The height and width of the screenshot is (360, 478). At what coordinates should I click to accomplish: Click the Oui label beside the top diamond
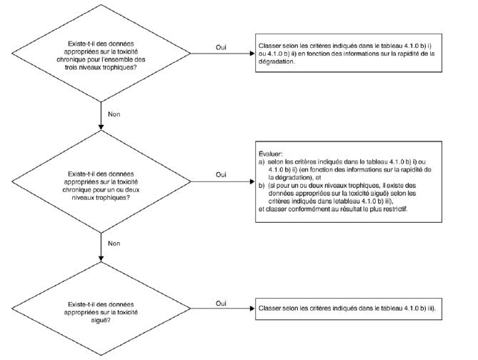click(221, 48)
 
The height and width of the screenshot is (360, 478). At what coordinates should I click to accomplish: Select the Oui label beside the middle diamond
click(221, 175)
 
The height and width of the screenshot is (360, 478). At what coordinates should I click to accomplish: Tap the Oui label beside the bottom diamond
click(221, 304)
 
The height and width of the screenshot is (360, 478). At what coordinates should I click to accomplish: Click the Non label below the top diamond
click(114, 114)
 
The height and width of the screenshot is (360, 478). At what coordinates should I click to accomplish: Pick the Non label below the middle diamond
click(114, 244)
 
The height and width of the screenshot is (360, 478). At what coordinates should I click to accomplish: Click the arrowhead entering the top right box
click(252, 54)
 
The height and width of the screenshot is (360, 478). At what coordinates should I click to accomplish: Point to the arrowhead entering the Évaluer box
click(252, 181)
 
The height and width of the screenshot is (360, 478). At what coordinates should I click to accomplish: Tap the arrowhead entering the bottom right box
click(252, 309)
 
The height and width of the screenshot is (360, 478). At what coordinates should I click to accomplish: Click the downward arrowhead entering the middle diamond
click(101, 127)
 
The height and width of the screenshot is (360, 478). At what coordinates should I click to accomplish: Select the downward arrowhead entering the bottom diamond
click(101, 259)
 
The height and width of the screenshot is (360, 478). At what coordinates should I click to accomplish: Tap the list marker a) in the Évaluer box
click(262, 162)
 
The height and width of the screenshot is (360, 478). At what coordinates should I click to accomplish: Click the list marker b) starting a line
click(262, 186)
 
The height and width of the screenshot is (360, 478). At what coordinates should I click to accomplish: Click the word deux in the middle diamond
click(132, 189)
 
